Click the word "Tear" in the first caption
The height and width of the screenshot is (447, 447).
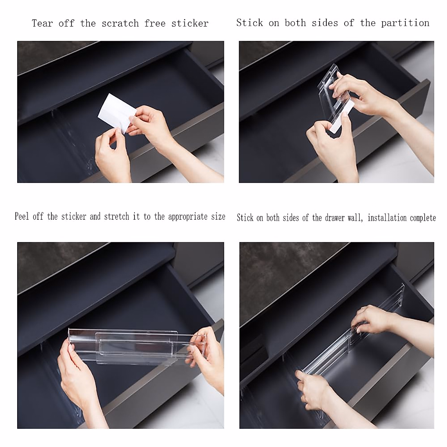click(x=42, y=23)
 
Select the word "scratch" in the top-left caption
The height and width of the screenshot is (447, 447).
click(x=120, y=23)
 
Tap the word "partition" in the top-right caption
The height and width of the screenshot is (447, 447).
click(x=405, y=23)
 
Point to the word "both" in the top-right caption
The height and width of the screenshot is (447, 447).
click(x=295, y=23)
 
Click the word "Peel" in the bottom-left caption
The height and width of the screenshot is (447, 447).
click(x=22, y=217)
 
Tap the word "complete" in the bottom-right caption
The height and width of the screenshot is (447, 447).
click(x=423, y=218)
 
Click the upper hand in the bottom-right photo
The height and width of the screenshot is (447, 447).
click(x=372, y=320)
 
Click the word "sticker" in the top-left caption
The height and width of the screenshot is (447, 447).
click(x=190, y=23)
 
